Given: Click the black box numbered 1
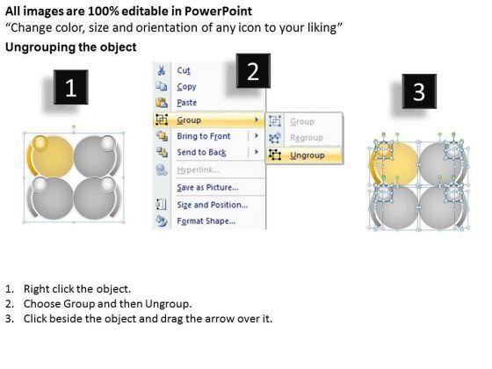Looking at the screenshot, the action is [x=71, y=87].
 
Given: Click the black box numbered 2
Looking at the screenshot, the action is [x=253, y=71].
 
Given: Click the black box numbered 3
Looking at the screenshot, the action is [x=419, y=91].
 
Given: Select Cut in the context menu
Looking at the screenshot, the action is [x=184, y=70].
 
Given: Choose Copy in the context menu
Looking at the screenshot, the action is [x=186, y=87].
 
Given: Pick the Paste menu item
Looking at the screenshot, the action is [x=186, y=103].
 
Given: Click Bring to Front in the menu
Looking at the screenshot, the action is [x=204, y=136].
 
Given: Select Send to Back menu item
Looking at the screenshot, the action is [x=201, y=153].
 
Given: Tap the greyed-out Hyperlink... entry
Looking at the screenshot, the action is [x=198, y=170].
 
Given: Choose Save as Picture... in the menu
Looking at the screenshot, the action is [x=207, y=188].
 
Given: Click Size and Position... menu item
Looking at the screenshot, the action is [x=213, y=205].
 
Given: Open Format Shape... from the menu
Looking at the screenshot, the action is [x=206, y=221].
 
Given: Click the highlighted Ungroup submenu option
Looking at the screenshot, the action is [x=307, y=156].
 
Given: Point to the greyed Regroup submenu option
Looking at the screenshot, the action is [x=307, y=138].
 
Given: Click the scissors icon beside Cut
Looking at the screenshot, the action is [x=162, y=70].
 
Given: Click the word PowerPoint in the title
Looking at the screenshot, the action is [x=218, y=11].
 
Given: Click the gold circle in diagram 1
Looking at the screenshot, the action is [x=53, y=156].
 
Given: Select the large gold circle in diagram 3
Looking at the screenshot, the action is [x=397, y=163].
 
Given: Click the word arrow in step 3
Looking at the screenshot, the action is [x=217, y=319].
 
